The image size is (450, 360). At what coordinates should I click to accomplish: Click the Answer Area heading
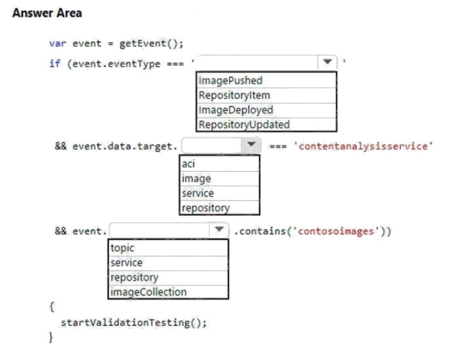(47, 13)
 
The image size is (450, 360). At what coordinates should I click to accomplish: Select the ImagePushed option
(230, 80)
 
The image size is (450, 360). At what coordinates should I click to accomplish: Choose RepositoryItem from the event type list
(234, 95)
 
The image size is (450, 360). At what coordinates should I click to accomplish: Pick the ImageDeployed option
(236, 110)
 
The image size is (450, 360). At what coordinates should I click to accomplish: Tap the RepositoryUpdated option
(244, 125)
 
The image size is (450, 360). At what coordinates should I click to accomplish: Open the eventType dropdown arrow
(328, 62)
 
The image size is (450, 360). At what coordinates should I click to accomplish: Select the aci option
(188, 164)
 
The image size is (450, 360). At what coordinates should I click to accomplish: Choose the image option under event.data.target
(196, 178)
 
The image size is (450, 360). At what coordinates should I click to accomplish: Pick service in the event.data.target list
(198, 193)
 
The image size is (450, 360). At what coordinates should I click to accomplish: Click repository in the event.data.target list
(206, 208)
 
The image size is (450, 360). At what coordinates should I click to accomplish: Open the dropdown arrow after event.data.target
(251, 145)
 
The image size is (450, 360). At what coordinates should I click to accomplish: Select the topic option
(122, 248)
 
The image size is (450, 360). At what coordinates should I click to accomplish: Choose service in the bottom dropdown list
(127, 263)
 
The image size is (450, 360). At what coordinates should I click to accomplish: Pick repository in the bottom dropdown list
(134, 278)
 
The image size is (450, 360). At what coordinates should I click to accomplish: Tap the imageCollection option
(148, 292)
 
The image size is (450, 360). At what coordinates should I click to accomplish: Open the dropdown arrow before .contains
(219, 229)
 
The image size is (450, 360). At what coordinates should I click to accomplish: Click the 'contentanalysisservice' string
(363, 146)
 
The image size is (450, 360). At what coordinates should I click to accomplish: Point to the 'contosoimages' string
(336, 231)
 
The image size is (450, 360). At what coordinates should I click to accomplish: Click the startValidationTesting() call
(133, 323)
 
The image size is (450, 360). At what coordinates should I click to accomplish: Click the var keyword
(58, 44)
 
